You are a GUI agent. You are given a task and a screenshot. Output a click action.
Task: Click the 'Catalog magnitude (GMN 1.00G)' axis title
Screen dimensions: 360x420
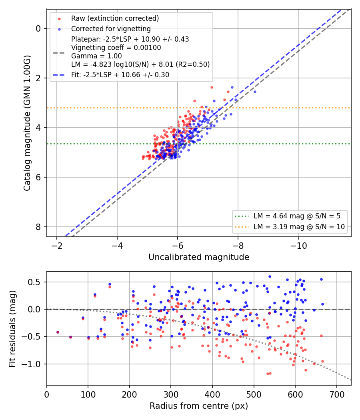pos(27,123)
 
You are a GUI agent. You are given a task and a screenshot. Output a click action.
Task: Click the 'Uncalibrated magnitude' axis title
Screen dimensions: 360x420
pos(199,257)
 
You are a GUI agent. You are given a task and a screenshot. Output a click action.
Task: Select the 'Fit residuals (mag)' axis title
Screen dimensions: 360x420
pos(12,329)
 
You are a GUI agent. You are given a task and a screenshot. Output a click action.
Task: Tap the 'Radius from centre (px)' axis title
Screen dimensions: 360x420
pos(199,406)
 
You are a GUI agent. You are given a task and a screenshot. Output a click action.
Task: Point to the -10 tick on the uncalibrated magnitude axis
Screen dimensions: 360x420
pos(299,245)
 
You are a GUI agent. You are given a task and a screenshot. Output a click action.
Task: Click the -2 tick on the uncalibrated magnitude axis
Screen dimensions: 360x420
pos(56,245)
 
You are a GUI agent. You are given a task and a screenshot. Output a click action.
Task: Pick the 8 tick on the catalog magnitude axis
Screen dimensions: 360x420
pos(38,227)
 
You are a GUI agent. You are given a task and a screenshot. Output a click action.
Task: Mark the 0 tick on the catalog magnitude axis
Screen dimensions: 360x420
pos(38,28)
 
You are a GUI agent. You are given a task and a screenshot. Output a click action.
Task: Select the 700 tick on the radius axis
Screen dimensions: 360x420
pos(336,394)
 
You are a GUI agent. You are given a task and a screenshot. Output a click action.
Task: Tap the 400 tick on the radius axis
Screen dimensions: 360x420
pos(212,394)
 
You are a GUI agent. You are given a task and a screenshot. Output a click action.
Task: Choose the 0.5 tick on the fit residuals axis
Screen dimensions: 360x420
pos(35,282)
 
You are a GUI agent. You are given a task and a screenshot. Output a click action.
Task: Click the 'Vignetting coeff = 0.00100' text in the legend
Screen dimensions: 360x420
pos(116,48)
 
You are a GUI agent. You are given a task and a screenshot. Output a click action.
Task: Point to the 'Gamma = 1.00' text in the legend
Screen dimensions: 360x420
pos(96,56)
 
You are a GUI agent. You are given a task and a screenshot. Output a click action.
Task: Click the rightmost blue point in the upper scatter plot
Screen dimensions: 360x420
pos(255,92)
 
